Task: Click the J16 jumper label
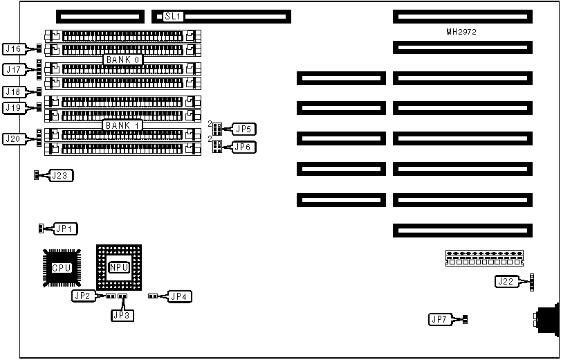pos(14,48)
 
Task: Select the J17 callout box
pos(14,69)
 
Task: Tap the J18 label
pos(14,91)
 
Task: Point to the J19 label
pos(14,107)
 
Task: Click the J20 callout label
pos(14,138)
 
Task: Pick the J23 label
pos(61,175)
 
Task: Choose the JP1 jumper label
pos(66,228)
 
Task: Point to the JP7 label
pos(439,319)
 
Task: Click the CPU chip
pos(62,267)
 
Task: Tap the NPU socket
pos(119,267)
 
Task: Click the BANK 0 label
pos(123,60)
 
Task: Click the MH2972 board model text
pos(461,32)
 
